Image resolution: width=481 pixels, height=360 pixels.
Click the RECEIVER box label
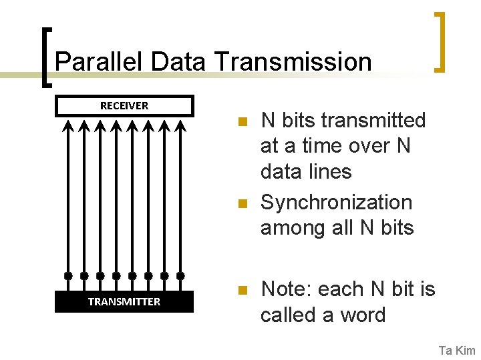click(124, 105)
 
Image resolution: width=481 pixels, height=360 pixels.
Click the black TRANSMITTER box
click(124, 301)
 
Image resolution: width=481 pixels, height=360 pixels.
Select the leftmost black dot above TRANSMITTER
click(68, 275)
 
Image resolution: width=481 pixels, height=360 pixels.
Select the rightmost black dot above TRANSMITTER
click(180, 275)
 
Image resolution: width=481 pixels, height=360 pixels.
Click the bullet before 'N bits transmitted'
click(243, 122)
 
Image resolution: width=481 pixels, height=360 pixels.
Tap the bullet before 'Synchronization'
click(243, 203)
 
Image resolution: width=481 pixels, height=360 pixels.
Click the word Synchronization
click(336, 203)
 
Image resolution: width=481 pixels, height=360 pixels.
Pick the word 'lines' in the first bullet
click(327, 171)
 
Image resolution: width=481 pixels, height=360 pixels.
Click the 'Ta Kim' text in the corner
click(456, 350)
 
